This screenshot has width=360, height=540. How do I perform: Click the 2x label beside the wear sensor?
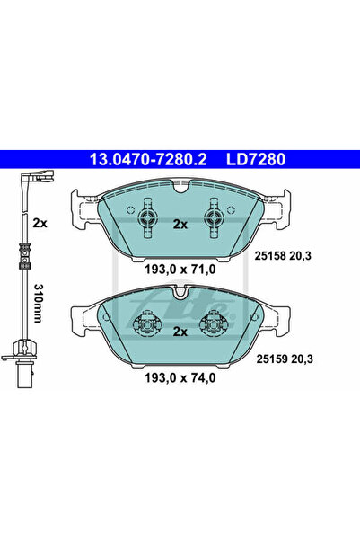tap(39, 222)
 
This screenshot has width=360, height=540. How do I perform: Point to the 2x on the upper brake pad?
tap(179, 223)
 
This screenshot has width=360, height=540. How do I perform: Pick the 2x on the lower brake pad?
tap(179, 332)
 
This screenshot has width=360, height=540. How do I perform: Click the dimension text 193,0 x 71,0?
tap(179, 268)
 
